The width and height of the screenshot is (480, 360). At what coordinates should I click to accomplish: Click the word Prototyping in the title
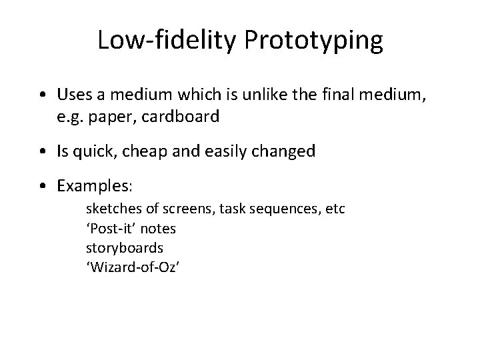click(314, 41)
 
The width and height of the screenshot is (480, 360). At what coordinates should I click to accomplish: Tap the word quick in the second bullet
click(97, 151)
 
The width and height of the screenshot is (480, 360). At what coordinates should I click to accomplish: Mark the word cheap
click(149, 151)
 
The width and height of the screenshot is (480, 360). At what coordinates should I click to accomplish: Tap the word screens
click(178, 210)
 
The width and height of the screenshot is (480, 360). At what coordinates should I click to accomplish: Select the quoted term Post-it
click(111, 229)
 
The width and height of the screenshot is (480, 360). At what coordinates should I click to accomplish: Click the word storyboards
click(125, 247)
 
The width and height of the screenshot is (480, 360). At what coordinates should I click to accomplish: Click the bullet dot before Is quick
click(43, 151)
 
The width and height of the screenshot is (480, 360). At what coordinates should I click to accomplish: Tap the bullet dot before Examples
click(43, 185)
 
